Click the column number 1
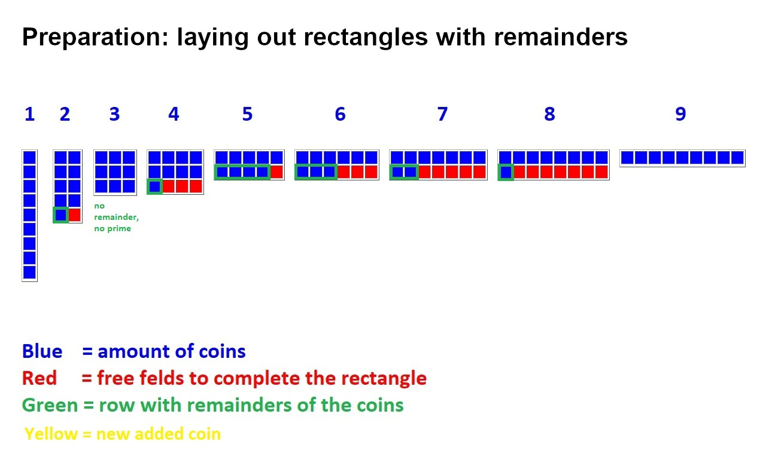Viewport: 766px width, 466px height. pos(29,114)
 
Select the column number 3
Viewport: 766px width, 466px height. pos(114,114)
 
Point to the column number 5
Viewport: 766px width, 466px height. pos(247,114)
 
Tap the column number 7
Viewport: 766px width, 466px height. pos(442,114)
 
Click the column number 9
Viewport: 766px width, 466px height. pos(680,114)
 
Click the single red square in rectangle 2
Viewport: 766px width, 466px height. pos(74,215)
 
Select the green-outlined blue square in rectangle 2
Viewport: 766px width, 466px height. pos(60,215)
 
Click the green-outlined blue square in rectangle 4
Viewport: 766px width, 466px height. pos(155,186)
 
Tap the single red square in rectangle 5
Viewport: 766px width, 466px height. pos(276,172)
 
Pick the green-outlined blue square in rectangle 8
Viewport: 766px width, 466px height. pos(506,172)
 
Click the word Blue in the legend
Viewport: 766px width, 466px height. pos(42,351)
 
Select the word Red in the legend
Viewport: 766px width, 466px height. pos(39,378)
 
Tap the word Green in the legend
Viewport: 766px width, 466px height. pos(50,405)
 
